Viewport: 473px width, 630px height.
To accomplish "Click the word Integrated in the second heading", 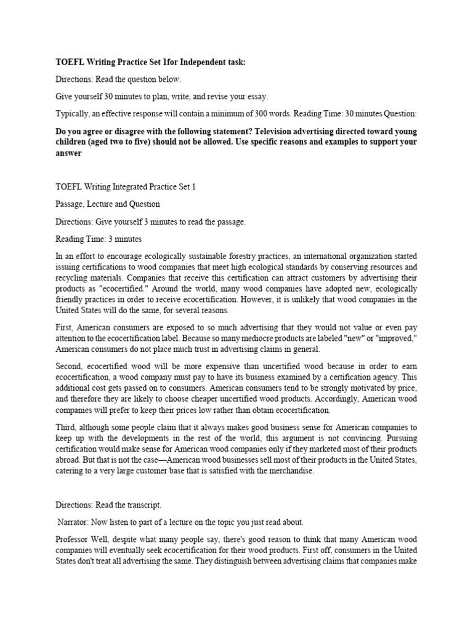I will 121,186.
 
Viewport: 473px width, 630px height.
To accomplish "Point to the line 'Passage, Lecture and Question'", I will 107,204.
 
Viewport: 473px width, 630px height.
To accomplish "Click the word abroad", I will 69,460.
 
